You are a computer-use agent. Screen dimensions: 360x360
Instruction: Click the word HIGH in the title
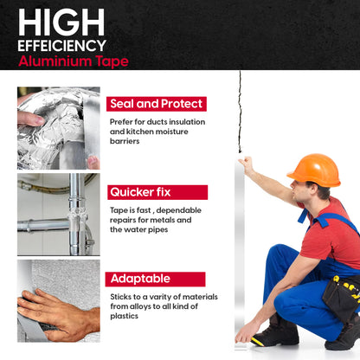(x=61, y=22)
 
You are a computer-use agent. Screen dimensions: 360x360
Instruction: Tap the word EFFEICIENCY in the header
(x=61, y=46)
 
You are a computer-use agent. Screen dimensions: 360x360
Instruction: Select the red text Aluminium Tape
(x=74, y=61)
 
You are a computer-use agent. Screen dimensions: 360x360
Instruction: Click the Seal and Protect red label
(x=157, y=104)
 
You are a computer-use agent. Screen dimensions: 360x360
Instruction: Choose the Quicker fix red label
(x=157, y=192)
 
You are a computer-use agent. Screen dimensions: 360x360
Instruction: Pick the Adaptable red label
(x=155, y=279)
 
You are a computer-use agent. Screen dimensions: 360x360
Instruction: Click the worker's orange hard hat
(x=315, y=170)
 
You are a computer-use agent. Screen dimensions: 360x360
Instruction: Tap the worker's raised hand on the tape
(x=246, y=163)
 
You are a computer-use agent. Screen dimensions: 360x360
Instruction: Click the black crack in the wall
(x=240, y=112)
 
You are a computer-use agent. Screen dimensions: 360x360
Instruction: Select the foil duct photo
(x=59, y=128)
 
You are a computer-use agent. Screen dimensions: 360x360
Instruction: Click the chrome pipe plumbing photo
(x=59, y=215)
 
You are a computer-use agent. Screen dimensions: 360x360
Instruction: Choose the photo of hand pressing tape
(x=59, y=301)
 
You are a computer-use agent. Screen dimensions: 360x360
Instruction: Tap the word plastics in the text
(x=124, y=316)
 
